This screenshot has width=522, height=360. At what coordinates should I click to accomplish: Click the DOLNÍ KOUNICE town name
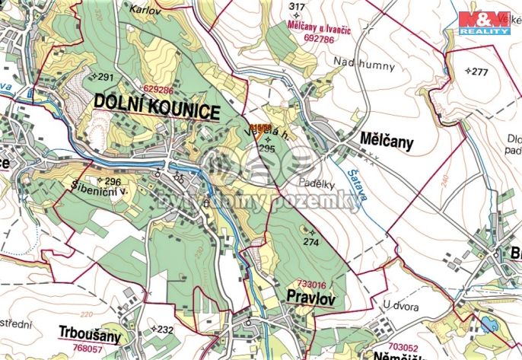tap(158, 107)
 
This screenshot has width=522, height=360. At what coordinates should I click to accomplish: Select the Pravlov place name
tap(310, 295)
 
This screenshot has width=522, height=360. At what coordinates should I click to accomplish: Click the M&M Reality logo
tap(483, 22)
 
